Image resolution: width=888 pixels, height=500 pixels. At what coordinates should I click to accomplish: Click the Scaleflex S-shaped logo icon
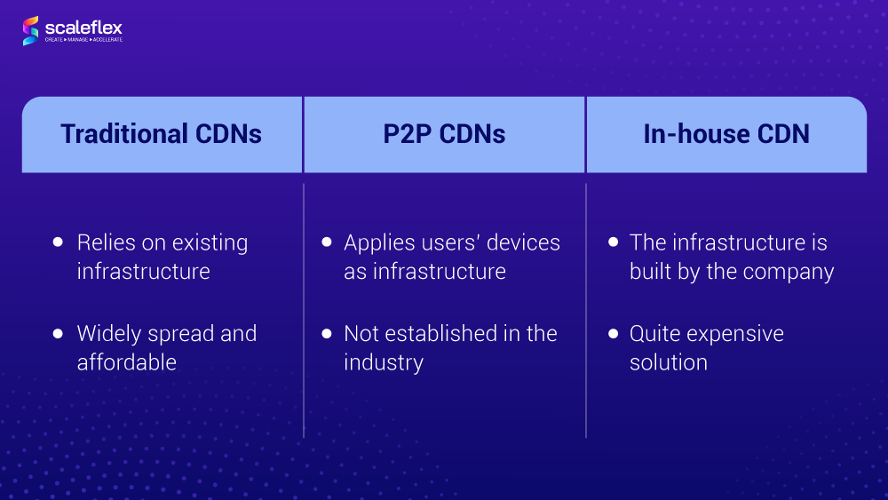pyautogui.click(x=30, y=30)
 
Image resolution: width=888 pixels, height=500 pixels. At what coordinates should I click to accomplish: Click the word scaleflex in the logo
pyautogui.click(x=83, y=28)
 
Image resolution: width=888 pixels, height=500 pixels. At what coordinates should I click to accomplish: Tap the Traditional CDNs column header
pyautogui.click(x=162, y=134)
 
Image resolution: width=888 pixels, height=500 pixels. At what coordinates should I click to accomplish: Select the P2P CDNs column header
pyautogui.click(x=444, y=134)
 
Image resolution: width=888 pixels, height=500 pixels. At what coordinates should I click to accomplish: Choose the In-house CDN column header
pyautogui.click(x=726, y=134)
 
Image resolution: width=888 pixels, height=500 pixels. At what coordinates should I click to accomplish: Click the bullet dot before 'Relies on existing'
pyautogui.click(x=58, y=242)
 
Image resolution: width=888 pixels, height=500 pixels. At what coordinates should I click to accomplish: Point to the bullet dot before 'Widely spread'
pyautogui.click(x=58, y=333)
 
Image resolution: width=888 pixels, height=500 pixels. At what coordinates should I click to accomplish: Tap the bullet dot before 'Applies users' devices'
pyautogui.click(x=327, y=242)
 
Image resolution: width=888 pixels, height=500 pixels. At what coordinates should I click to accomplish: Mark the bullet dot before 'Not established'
pyautogui.click(x=327, y=333)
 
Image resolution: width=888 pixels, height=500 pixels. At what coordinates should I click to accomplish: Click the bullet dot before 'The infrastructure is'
pyautogui.click(x=614, y=242)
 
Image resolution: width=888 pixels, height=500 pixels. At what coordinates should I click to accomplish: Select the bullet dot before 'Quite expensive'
pyautogui.click(x=614, y=333)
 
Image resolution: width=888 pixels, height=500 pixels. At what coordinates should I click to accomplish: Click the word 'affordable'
pyautogui.click(x=127, y=362)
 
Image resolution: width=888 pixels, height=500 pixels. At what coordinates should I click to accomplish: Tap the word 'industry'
pyautogui.click(x=384, y=363)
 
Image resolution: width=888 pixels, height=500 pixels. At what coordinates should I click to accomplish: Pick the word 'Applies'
pyautogui.click(x=380, y=243)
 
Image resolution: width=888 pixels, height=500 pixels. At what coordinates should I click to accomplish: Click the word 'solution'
pyautogui.click(x=669, y=362)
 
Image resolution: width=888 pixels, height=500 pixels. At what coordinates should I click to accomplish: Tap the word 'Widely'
pyautogui.click(x=109, y=335)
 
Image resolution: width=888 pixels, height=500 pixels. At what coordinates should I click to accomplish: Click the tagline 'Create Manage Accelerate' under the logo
pyautogui.click(x=83, y=40)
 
